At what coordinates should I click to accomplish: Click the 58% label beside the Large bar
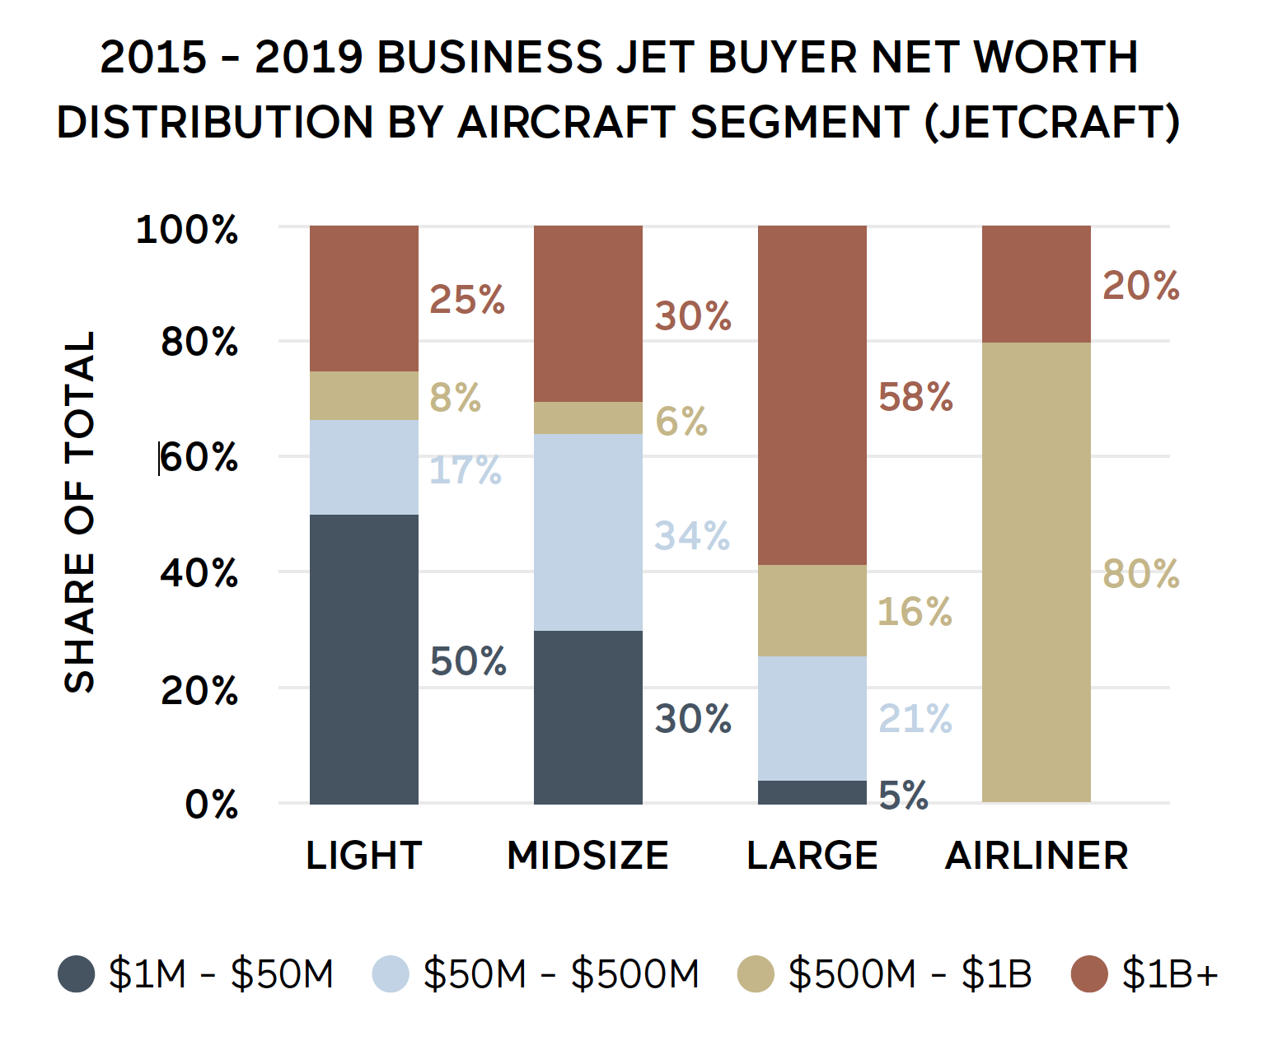pyautogui.click(x=915, y=397)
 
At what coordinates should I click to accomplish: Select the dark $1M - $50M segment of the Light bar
pyautogui.click(x=363, y=659)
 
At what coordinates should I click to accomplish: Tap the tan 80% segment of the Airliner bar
pyautogui.click(x=1036, y=572)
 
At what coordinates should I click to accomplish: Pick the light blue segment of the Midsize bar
pyautogui.click(x=587, y=532)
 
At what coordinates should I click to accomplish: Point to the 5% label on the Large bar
pyautogui.click(x=903, y=796)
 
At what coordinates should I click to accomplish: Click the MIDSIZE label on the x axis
pyautogui.click(x=587, y=855)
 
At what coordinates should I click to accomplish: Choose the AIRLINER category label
pyautogui.click(x=1036, y=855)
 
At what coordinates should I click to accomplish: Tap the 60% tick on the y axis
pyautogui.click(x=199, y=457)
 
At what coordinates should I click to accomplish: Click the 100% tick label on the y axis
pyautogui.click(x=187, y=229)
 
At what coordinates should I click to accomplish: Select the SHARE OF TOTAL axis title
pyautogui.click(x=80, y=511)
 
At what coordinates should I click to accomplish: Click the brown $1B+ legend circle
pyautogui.click(x=1089, y=973)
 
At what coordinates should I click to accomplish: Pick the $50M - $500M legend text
pyautogui.click(x=561, y=973)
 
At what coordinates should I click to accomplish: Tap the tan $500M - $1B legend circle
pyautogui.click(x=756, y=973)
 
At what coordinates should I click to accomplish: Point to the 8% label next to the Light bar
pyautogui.click(x=455, y=397)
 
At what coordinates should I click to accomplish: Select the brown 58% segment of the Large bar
pyautogui.click(x=812, y=395)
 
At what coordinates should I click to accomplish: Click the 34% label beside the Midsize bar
pyautogui.click(x=692, y=536)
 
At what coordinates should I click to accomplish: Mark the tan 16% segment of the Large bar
pyautogui.click(x=812, y=610)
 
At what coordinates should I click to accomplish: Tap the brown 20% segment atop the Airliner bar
pyautogui.click(x=1036, y=284)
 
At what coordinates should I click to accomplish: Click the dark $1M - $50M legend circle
pyautogui.click(x=77, y=973)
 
